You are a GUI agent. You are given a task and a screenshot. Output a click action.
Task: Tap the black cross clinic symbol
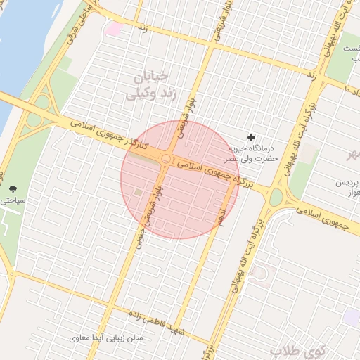(252, 136)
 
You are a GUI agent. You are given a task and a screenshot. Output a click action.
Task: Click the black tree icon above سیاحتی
(13, 188)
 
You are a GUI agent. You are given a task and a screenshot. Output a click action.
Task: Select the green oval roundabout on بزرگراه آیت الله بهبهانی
(276, 198)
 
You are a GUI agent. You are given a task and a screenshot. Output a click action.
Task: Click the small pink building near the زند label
(113, 28)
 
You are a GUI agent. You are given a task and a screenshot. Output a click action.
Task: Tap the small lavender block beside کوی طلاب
(351, 316)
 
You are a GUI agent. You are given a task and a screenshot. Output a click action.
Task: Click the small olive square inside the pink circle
(139, 193)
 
